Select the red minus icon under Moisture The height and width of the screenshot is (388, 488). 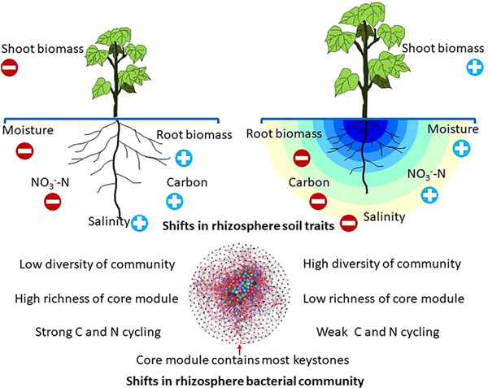pyautogui.click(x=26, y=151)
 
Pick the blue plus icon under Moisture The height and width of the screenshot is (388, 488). pyautogui.click(x=462, y=149)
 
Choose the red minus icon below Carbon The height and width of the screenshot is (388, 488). pyautogui.click(x=319, y=200)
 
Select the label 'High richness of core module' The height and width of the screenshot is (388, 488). pyautogui.click(x=96, y=298)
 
